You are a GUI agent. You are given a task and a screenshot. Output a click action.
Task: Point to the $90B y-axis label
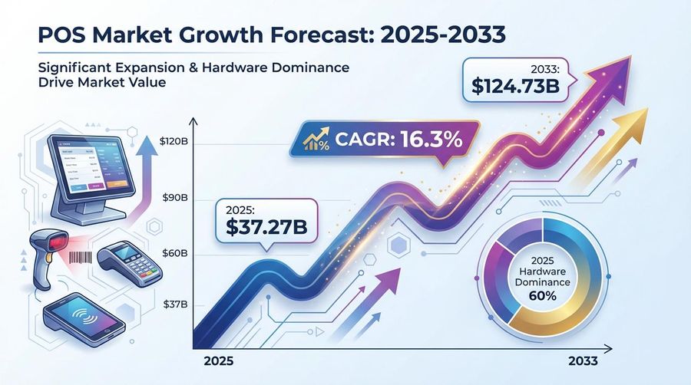(173, 198)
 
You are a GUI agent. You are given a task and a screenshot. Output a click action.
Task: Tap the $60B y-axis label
(173, 253)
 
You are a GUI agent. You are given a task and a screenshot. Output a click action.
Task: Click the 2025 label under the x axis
(217, 359)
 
